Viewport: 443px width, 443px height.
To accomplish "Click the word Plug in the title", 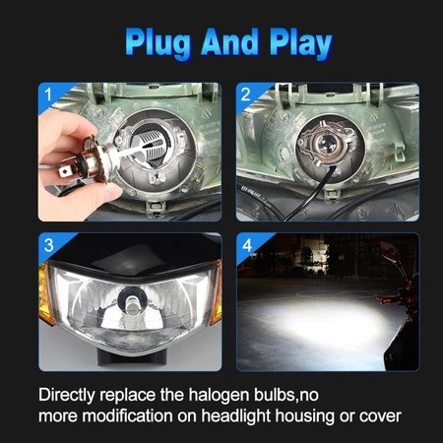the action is (x=158, y=43).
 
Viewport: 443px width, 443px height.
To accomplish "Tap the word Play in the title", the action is (x=300, y=43).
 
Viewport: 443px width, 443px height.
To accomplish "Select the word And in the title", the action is (x=229, y=41).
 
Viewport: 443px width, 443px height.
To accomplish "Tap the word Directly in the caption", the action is (x=67, y=395).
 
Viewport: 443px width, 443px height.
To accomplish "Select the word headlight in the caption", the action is (x=236, y=416).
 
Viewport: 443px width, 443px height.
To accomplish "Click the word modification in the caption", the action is (x=127, y=415).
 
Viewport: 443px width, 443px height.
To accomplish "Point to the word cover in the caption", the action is (x=380, y=416).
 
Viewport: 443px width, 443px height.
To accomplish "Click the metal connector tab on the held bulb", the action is (x=66, y=171).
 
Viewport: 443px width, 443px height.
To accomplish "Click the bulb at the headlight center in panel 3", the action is (x=132, y=301).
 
